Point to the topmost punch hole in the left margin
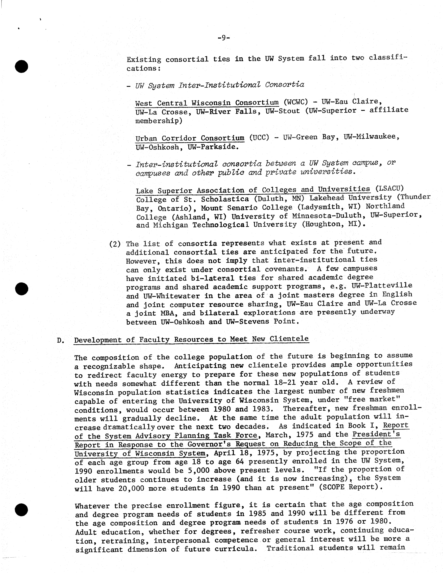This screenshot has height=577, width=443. coord(21,66)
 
